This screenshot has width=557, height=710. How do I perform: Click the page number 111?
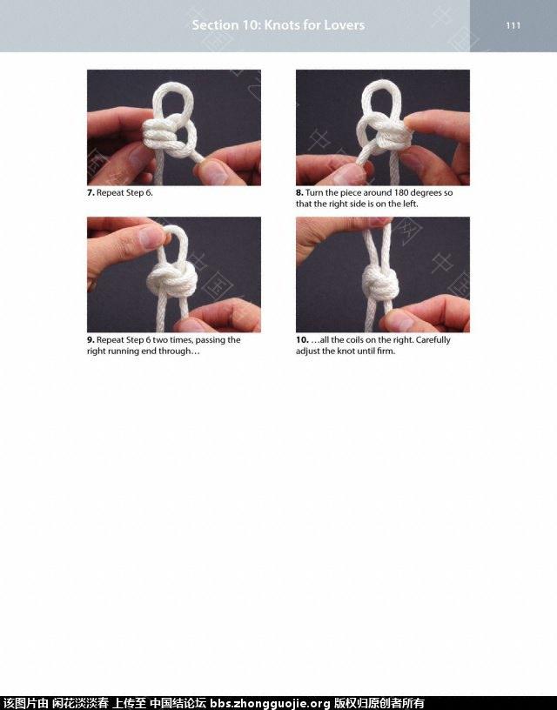[513, 25]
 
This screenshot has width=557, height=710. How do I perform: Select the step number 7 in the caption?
[91, 193]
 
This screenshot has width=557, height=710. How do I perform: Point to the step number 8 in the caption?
[299, 193]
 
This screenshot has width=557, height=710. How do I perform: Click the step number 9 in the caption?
[91, 340]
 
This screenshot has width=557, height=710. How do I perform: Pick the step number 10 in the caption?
[302, 340]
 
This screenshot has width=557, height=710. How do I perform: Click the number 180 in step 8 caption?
[401, 193]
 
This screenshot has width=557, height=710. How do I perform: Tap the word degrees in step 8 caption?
[426, 193]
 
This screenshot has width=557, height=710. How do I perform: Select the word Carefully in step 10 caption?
[433, 340]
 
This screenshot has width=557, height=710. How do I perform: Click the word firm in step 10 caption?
[386, 352]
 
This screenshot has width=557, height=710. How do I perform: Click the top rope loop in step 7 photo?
[173, 90]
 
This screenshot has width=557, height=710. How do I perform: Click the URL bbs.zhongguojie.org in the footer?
[270, 703]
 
